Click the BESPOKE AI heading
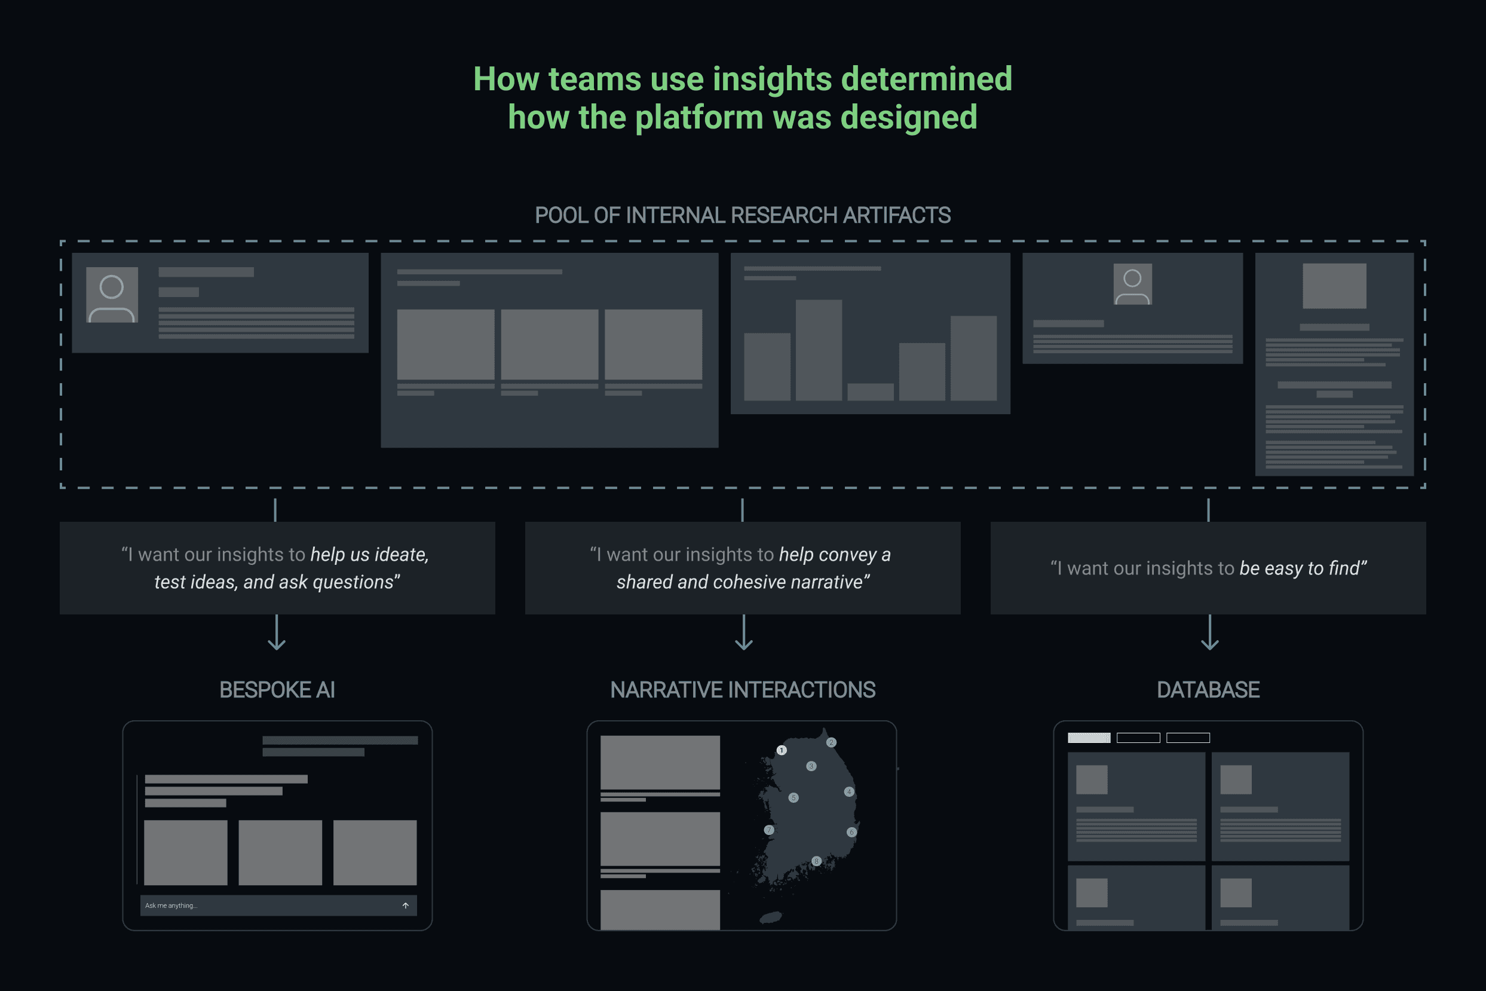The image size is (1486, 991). [277, 690]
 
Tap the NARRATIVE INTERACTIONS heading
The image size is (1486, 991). [742, 690]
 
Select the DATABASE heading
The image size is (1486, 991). [1208, 690]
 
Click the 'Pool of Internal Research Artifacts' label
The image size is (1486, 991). [742, 216]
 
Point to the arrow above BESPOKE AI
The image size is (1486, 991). [277, 634]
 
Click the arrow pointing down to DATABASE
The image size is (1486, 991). [1209, 634]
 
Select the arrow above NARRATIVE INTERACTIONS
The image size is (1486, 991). [744, 634]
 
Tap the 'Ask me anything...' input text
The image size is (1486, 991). [171, 906]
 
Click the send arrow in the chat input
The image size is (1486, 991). [406, 906]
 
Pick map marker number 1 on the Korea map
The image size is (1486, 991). [782, 750]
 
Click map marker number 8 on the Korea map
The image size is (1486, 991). [816, 861]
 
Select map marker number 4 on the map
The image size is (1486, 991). [849, 791]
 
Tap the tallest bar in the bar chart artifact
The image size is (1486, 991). [818, 350]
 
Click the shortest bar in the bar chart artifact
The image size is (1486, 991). [870, 392]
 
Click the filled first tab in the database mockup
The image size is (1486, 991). [1089, 738]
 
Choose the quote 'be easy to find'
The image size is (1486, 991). [1302, 568]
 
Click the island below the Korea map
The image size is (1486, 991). [771, 917]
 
